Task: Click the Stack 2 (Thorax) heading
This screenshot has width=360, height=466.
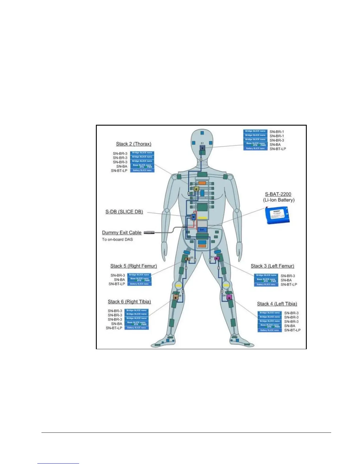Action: point(134,144)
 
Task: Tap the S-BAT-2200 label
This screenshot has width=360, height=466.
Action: point(278,194)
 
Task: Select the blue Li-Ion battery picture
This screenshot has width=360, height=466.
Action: point(277,215)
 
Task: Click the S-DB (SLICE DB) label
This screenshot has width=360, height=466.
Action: point(124,212)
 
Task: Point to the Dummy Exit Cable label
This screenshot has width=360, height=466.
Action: point(122,232)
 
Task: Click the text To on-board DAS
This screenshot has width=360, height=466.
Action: point(117,239)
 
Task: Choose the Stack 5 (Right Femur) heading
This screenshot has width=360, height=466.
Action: point(134,266)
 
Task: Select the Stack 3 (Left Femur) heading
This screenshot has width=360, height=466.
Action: point(272,266)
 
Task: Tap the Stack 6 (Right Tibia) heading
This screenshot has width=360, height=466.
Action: point(129,302)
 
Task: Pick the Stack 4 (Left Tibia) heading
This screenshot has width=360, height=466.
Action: point(277,304)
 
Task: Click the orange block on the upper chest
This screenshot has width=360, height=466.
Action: point(202,183)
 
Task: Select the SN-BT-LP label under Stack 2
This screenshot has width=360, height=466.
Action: point(119,171)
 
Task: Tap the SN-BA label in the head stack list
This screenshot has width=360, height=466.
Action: point(275,144)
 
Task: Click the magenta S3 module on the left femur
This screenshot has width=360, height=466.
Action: point(217,258)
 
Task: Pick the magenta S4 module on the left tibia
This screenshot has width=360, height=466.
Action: point(229,297)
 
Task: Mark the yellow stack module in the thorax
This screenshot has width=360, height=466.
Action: point(196,189)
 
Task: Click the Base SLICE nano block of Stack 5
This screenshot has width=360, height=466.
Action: point(139,279)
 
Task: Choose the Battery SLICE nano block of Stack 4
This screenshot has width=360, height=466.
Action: point(269,330)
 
